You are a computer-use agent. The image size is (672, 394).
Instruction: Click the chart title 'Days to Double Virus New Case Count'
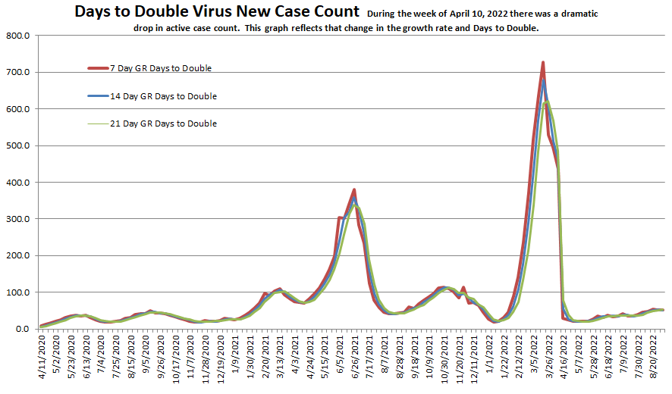coord(217,11)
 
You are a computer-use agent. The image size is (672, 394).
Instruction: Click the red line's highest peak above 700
coord(543,62)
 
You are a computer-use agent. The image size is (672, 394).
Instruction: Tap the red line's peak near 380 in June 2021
coord(354,189)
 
